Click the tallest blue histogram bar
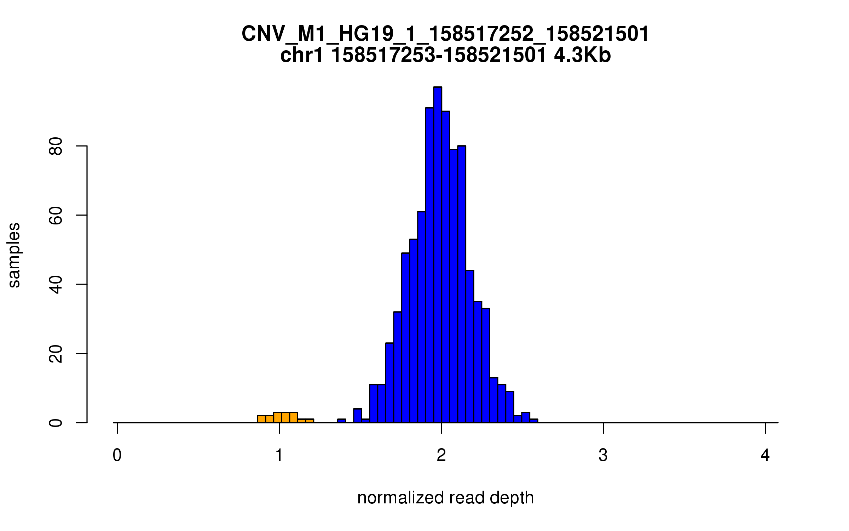coord(438,255)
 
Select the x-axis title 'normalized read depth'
coord(445,498)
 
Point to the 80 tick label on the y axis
coord(56,146)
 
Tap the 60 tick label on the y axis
coord(56,216)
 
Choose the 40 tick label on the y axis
coord(56,285)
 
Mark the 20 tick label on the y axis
coord(56,354)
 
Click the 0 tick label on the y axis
coord(56,423)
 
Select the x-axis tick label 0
coord(117,455)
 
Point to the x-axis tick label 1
coord(279,455)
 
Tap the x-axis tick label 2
coord(441,455)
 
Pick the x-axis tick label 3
coord(603,455)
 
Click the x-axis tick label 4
coord(765,455)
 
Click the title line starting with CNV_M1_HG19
coord(445,34)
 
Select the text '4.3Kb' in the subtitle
coord(582,56)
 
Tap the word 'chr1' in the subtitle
coord(301,56)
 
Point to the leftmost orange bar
coord(261,419)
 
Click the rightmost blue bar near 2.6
coord(534,421)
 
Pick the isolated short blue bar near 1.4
coord(341,421)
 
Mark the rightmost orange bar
coord(310,421)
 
